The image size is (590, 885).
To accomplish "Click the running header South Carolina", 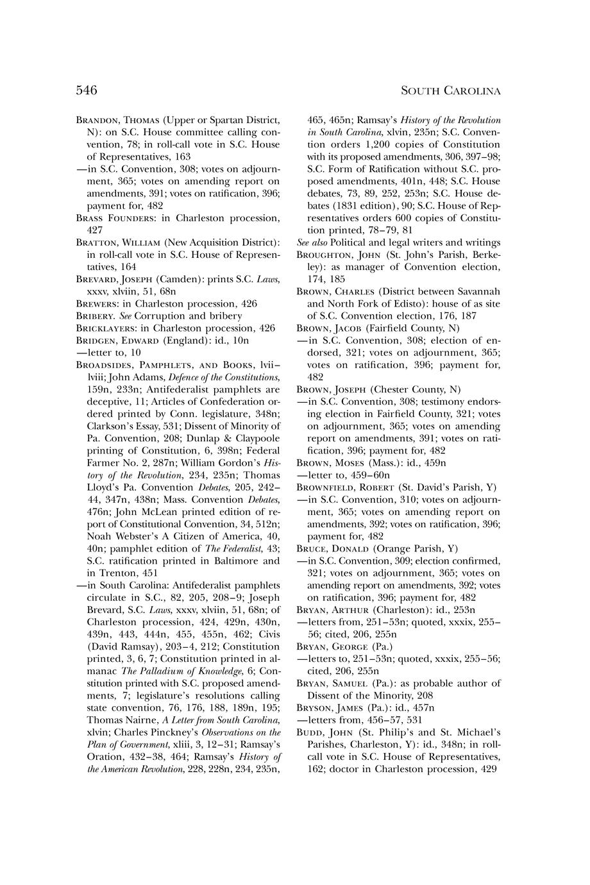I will coord(450,91).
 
